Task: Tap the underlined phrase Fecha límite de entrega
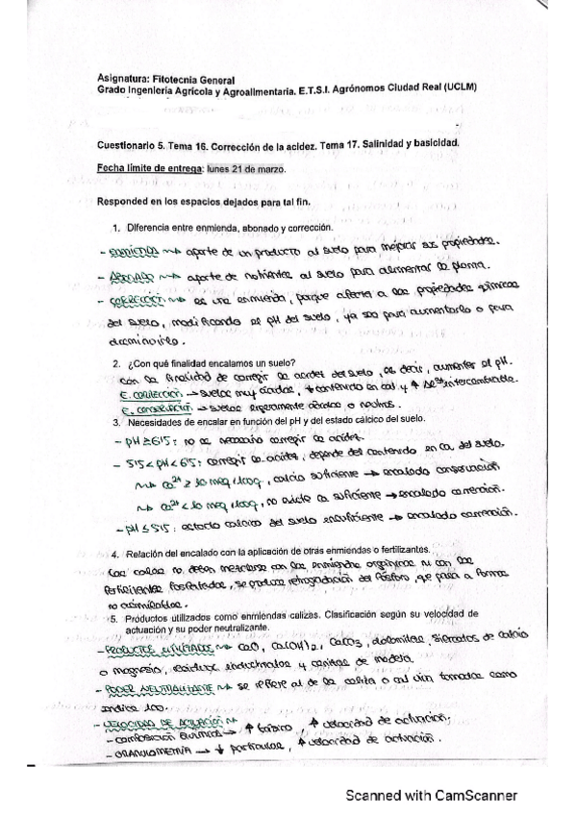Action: coord(142,167)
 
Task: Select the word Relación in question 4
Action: coord(144,555)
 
